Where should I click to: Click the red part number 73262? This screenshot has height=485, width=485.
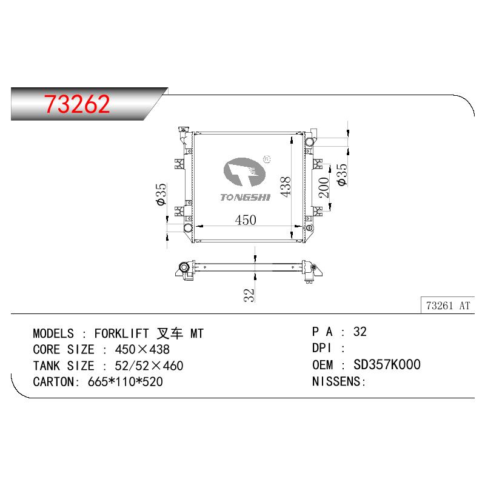[x=77, y=104]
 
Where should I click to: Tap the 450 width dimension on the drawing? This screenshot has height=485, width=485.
[x=246, y=220]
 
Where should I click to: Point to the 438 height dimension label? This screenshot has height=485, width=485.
[x=286, y=187]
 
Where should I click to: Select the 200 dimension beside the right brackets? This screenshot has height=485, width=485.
[x=324, y=187]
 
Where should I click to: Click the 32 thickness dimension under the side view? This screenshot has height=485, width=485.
[x=249, y=295]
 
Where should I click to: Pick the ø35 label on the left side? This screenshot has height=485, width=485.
[x=161, y=194]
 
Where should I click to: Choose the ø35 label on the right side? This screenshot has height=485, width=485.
[x=342, y=175]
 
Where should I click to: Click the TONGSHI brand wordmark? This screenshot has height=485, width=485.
[x=245, y=198]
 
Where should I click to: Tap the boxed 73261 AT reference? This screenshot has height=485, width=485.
[x=448, y=306]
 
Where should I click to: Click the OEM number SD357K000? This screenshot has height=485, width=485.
[x=387, y=365]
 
